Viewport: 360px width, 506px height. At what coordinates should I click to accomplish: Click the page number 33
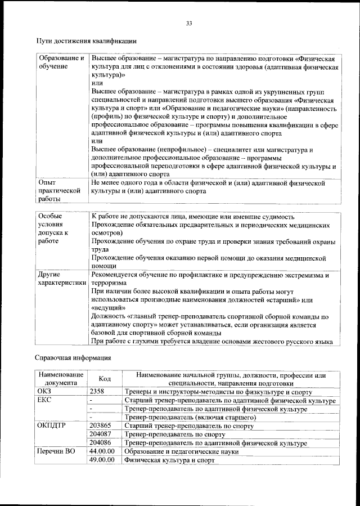coord(189,23)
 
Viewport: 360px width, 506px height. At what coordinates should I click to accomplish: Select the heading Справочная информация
coord(73,357)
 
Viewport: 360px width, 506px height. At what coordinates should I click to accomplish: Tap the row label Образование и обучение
coord(60,62)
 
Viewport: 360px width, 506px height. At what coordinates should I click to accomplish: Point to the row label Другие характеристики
coord(60,280)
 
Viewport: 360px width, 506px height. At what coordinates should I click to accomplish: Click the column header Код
coord(105,379)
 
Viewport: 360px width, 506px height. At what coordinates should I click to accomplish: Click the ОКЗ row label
coord(44,392)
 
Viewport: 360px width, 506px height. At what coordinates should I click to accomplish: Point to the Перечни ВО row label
coord(56,452)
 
